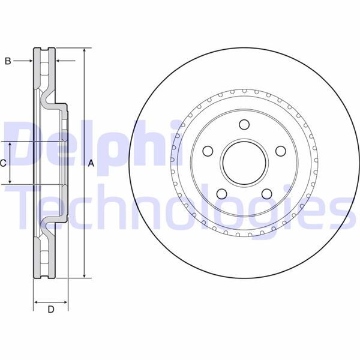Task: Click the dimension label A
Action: (x=91, y=163)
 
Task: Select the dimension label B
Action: (x=8, y=61)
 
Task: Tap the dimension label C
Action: (x=4, y=163)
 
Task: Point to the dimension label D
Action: (x=50, y=310)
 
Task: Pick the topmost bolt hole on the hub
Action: (x=244, y=125)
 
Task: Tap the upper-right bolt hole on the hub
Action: (x=280, y=151)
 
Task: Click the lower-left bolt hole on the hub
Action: (x=221, y=193)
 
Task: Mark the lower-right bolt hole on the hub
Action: (x=266, y=193)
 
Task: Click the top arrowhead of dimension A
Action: (x=85, y=51)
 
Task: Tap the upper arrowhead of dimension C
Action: (x=10, y=145)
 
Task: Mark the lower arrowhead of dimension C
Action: (x=10, y=181)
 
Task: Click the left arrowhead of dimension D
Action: (x=35, y=300)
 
